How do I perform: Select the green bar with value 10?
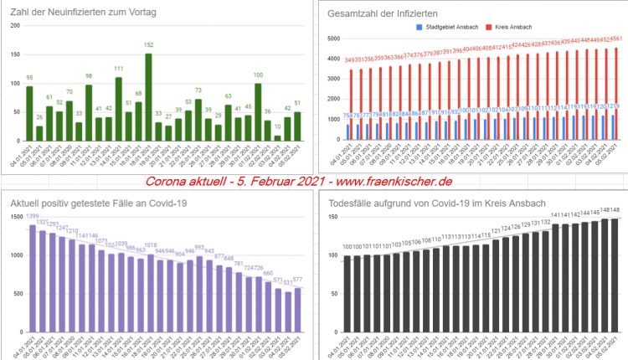[277, 137]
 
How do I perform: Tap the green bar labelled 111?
[118, 109]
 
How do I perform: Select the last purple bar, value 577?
[297, 311]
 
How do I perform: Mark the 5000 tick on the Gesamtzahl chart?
[332, 39]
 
